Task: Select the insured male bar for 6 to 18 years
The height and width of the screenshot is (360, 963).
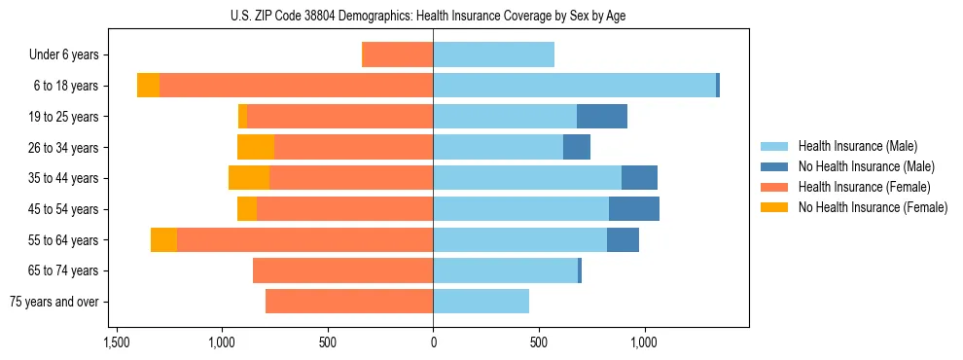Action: coord(574,86)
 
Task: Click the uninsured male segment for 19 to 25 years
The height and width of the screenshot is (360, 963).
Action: coord(601,117)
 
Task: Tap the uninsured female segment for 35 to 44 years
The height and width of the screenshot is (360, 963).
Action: coord(249,178)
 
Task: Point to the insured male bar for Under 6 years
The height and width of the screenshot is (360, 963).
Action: coord(493,54)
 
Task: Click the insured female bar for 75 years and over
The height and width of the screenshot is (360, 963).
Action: coord(349,302)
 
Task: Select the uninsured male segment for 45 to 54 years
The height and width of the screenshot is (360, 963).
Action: coord(633,209)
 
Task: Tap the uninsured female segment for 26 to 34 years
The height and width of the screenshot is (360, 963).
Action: coord(256,147)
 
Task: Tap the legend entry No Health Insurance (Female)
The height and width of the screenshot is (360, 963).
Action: coord(873,206)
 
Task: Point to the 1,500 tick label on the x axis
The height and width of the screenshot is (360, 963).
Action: coord(116,343)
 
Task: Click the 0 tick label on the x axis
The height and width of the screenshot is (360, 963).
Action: coord(433,343)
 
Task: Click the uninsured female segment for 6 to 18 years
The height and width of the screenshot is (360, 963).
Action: coord(148,86)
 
